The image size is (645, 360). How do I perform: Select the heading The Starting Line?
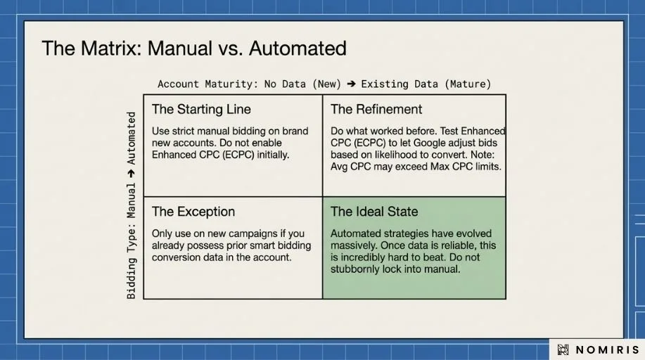click(x=201, y=109)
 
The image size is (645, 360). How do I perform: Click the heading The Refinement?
click(x=376, y=109)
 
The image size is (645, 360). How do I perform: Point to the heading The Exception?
click(x=193, y=212)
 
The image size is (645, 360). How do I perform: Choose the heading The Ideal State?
click(x=374, y=212)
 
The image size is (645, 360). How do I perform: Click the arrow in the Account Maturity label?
click(x=351, y=84)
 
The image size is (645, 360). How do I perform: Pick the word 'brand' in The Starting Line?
click(x=295, y=131)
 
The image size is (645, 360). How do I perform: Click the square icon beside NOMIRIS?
click(x=563, y=349)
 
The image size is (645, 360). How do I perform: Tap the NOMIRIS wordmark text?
click(x=607, y=349)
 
